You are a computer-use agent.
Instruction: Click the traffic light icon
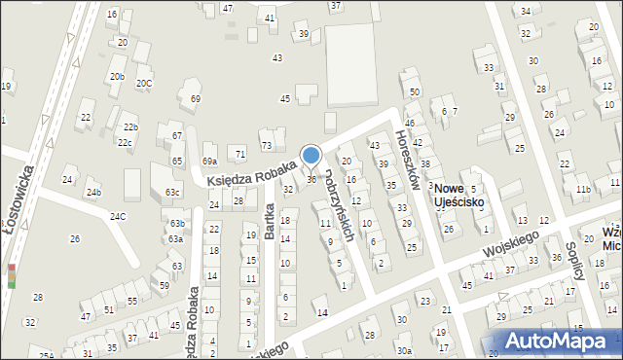(x=11, y=275)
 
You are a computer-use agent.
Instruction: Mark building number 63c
(x=172, y=193)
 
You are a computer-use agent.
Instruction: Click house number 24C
(x=118, y=216)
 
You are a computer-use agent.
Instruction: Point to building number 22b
(x=130, y=127)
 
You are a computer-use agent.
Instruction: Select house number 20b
(x=117, y=76)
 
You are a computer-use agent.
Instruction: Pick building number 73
(x=267, y=146)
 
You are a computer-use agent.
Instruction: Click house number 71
(x=239, y=154)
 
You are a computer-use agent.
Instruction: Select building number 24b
(x=92, y=193)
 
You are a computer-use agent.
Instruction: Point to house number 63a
(x=175, y=238)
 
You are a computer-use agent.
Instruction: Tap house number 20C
(x=144, y=84)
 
